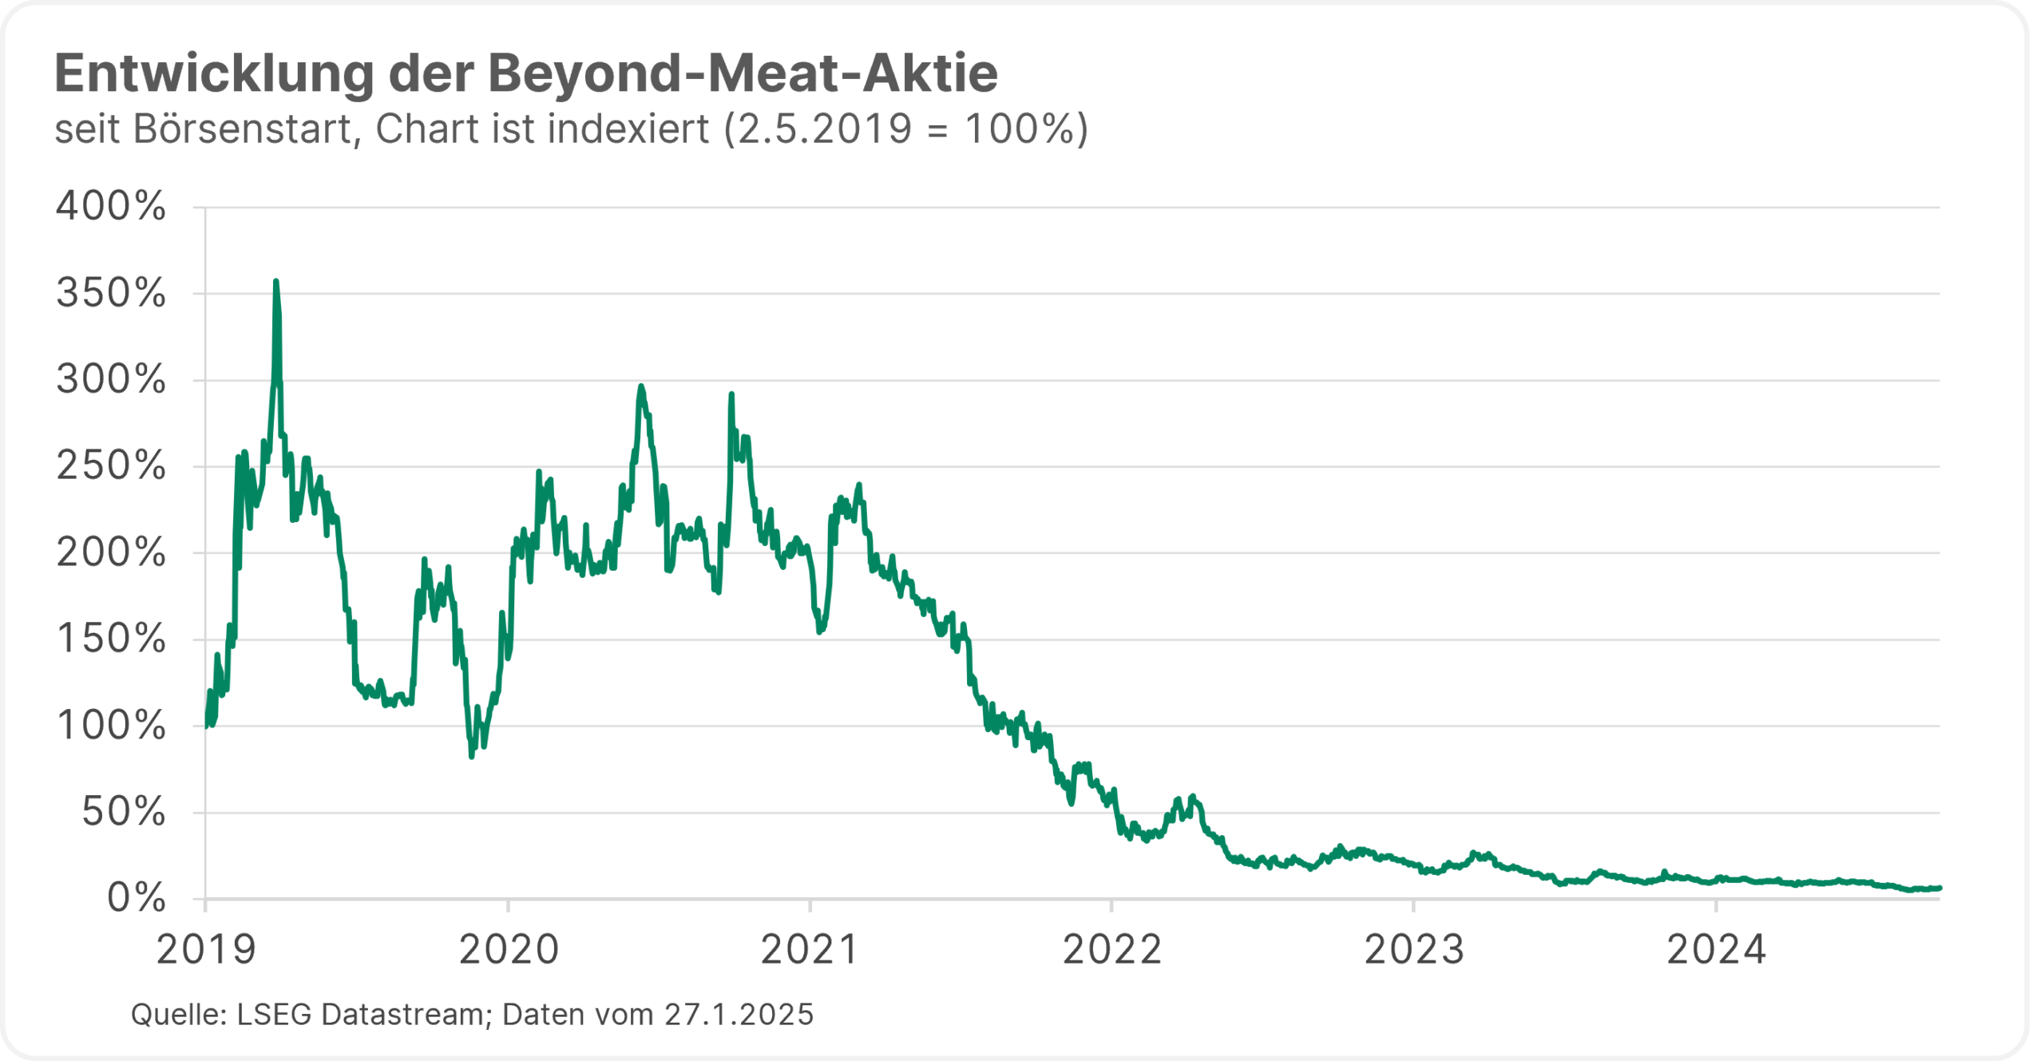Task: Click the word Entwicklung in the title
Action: pos(214,74)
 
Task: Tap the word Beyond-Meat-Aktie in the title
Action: pos(743,74)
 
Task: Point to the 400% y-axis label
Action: pos(111,207)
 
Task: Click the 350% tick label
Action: pos(111,294)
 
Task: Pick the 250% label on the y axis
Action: pos(111,466)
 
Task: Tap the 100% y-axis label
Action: pos(111,726)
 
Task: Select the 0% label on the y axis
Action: pos(137,899)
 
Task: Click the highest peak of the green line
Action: pos(275,282)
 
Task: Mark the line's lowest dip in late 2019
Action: pos(472,755)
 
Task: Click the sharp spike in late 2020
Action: pos(731,395)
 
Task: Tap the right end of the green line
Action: pos(1939,888)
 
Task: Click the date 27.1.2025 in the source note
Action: pos(739,1015)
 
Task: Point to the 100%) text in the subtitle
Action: pos(1026,129)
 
